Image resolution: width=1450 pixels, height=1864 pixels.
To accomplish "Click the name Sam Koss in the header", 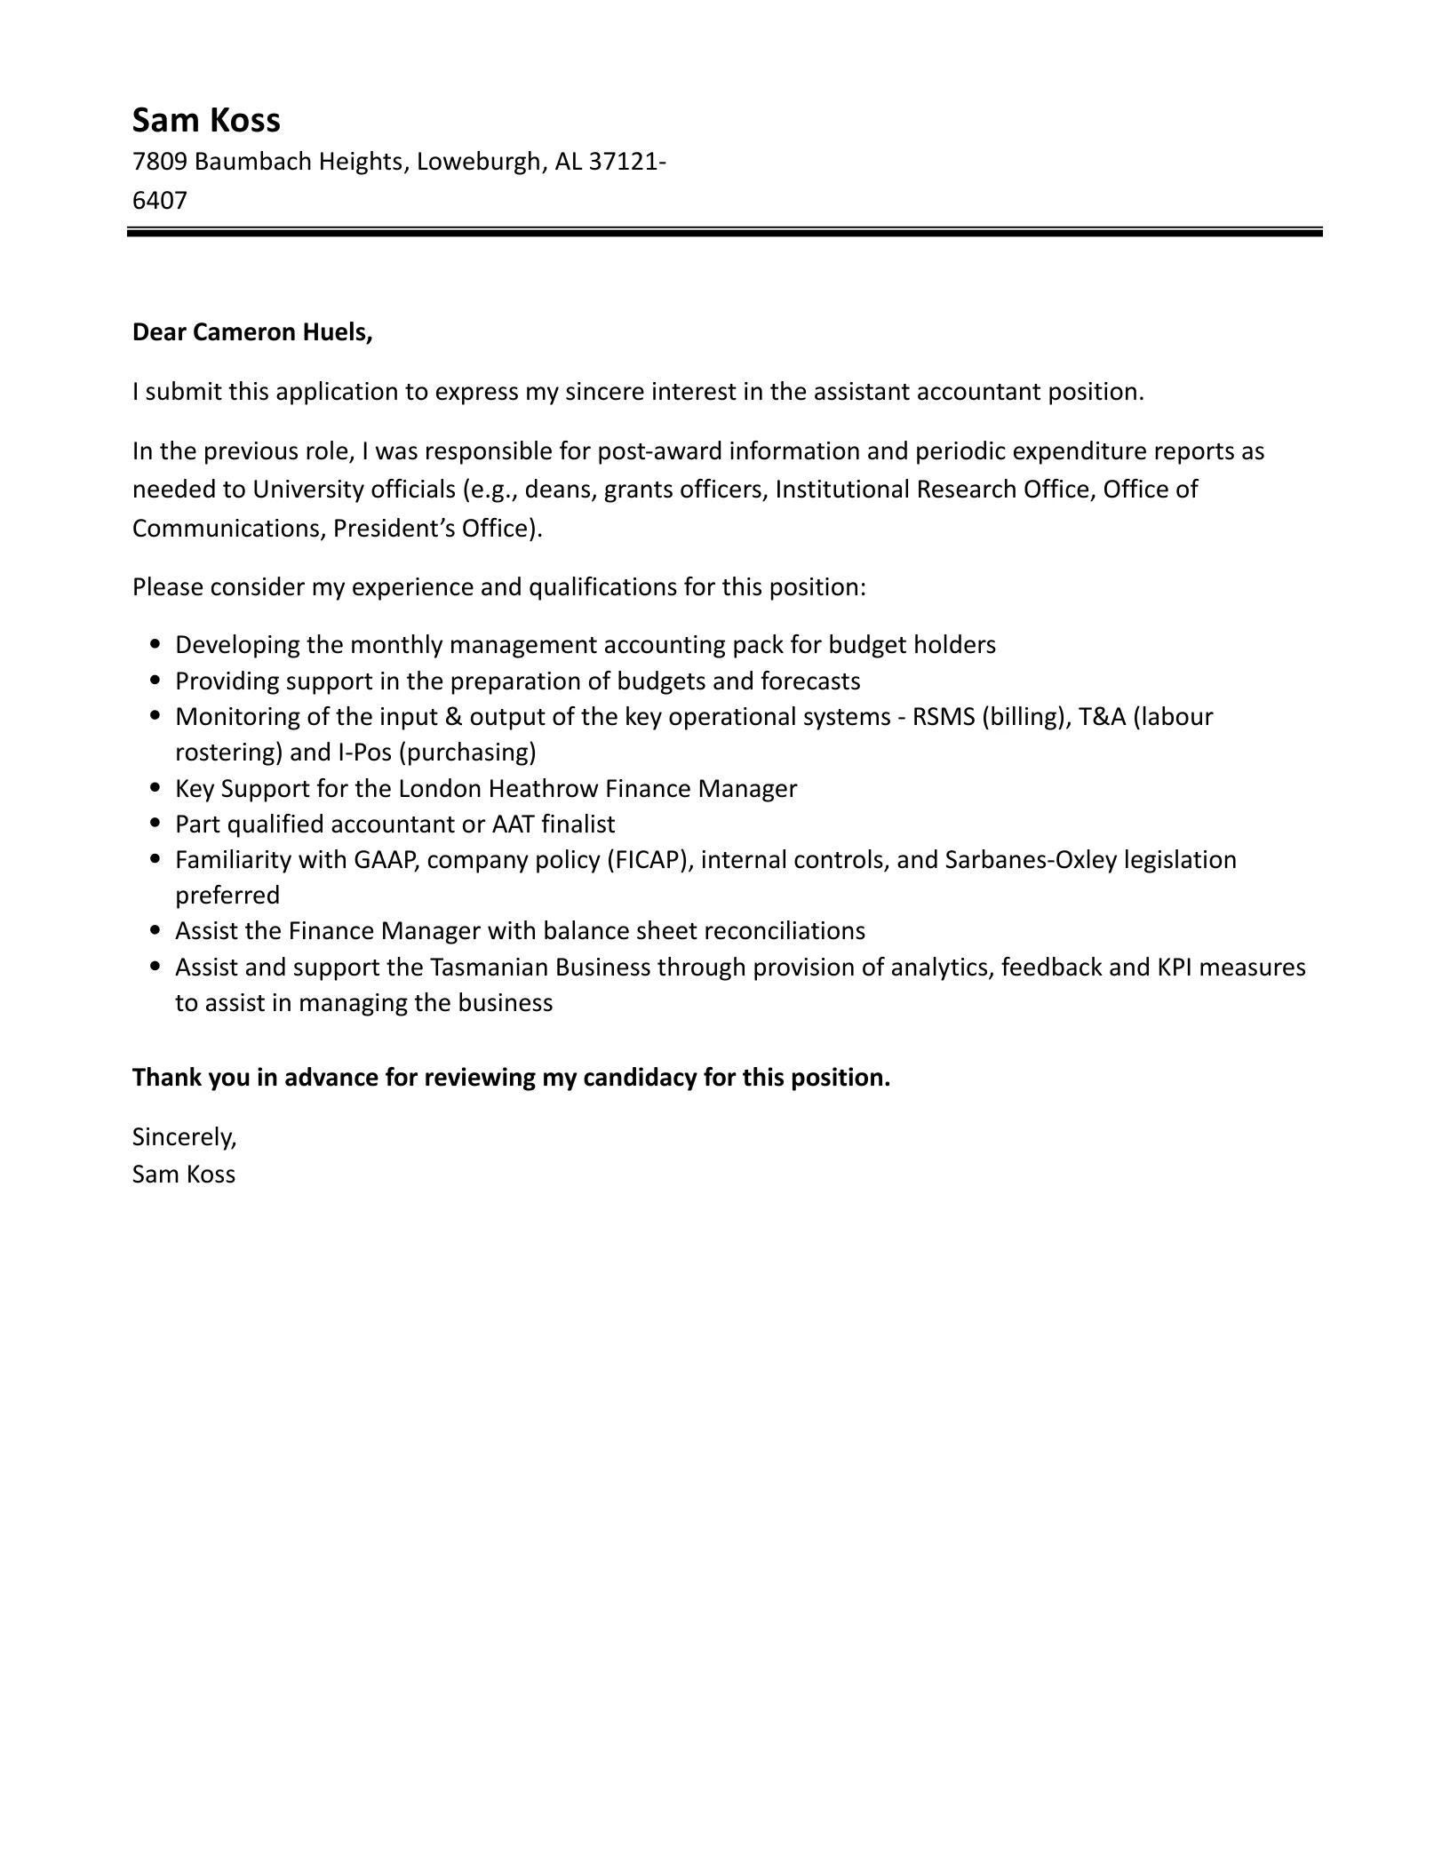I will point(206,120).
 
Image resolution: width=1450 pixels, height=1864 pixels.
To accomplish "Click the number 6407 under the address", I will point(160,201).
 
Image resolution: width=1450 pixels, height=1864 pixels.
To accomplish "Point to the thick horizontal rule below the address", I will point(724,233).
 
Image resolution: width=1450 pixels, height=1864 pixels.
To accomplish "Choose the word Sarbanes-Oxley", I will point(1031,860).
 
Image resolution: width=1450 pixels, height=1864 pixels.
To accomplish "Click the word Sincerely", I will point(184,1136).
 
